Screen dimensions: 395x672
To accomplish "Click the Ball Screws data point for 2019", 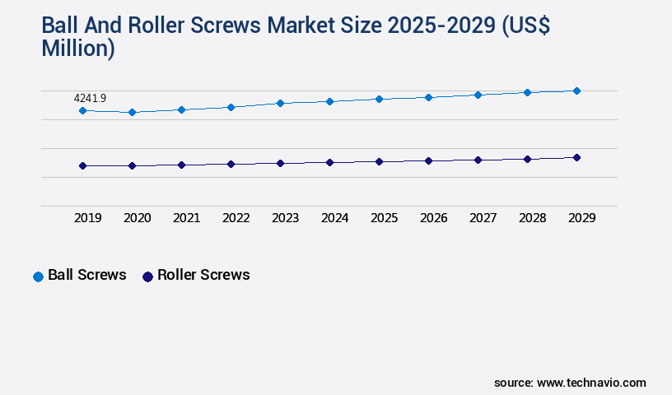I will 82,110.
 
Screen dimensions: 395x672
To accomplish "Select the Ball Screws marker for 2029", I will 576,91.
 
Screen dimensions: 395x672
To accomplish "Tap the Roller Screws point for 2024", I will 329,162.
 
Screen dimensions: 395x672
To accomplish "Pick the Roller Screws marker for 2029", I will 576,157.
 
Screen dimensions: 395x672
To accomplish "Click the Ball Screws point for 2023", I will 280,103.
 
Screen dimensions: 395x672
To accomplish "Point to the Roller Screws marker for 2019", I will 82,165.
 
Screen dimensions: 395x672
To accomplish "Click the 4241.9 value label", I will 90,98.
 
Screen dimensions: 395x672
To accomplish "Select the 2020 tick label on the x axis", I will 137,218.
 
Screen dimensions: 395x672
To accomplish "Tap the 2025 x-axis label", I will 384,218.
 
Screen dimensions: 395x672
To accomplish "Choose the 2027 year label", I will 483,218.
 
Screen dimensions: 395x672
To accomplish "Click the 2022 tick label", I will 236,218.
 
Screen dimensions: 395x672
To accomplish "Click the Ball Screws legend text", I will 87,275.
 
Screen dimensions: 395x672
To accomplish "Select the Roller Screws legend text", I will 203,275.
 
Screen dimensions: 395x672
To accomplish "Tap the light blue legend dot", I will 38,276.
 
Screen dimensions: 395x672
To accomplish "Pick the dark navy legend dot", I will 147,276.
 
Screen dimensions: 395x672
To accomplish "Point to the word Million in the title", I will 77,49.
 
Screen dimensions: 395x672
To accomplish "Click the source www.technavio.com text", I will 570,383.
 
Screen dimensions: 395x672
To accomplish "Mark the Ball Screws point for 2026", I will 428,97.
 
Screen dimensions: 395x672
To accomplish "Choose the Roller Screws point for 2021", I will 181,165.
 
